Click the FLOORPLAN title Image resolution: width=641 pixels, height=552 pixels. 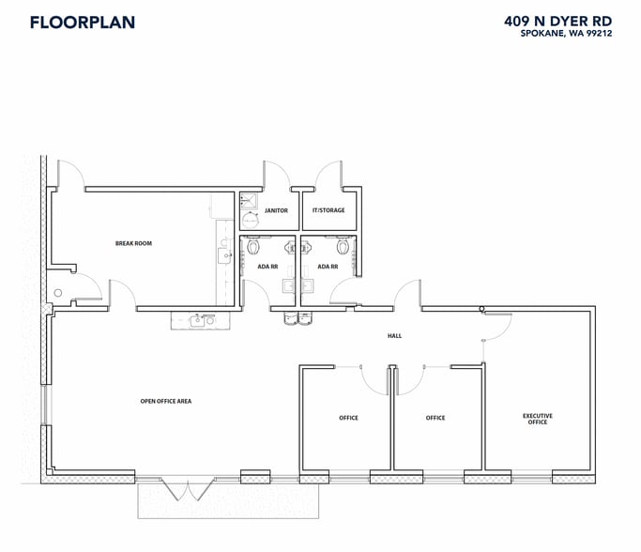83,22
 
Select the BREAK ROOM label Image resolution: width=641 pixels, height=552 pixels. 133,243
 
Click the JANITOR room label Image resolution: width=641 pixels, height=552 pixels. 276,210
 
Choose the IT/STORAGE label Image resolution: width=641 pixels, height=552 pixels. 328,210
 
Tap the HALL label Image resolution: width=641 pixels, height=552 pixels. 394,335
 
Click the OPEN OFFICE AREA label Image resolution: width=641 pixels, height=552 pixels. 166,401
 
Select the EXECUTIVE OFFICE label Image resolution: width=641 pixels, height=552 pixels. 538,419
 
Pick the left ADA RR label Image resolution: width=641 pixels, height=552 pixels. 268,267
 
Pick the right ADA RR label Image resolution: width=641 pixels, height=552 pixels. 328,267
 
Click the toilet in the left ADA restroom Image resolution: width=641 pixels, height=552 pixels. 253,247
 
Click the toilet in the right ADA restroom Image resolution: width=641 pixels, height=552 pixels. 343,247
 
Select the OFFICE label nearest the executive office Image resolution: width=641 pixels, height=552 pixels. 435,418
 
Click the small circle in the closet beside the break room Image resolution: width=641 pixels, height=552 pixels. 58,294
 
